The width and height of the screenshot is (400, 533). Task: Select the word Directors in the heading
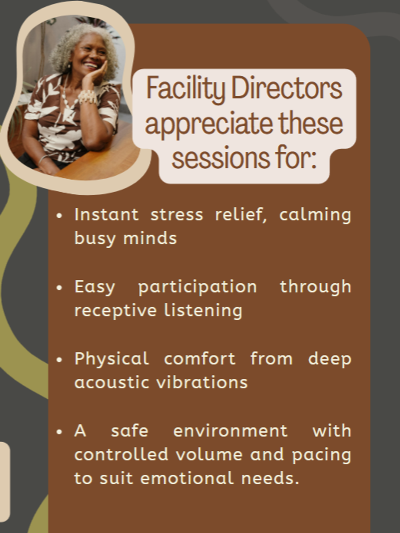point(287,88)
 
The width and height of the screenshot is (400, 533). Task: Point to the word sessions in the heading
point(221,157)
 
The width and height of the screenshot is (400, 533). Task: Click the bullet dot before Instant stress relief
point(59,216)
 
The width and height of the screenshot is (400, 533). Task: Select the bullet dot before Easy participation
point(59,288)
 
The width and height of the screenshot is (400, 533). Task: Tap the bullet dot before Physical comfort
point(59,360)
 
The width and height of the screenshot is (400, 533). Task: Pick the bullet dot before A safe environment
point(59,432)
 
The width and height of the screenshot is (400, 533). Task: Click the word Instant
point(107,215)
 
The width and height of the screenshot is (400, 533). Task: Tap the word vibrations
point(202,382)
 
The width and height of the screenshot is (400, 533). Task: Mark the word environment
point(230,431)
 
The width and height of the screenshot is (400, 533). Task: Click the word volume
point(209,454)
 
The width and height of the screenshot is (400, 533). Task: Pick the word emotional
point(187,478)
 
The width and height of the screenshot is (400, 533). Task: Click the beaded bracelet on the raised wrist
point(88,97)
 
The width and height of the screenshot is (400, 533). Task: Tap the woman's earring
point(69,66)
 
